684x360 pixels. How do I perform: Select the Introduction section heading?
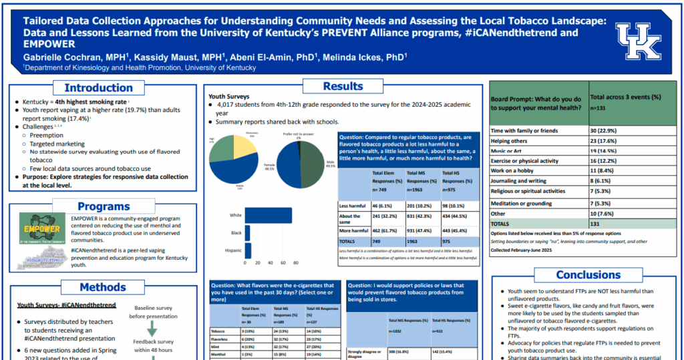(x=98, y=87)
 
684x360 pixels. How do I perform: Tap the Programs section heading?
(x=104, y=207)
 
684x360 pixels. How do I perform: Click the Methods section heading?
(x=102, y=287)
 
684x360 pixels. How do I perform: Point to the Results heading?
(x=343, y=85)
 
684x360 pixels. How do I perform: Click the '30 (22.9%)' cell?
(x=603, y=131)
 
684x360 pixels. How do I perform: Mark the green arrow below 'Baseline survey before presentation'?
(x=152, y=329)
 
